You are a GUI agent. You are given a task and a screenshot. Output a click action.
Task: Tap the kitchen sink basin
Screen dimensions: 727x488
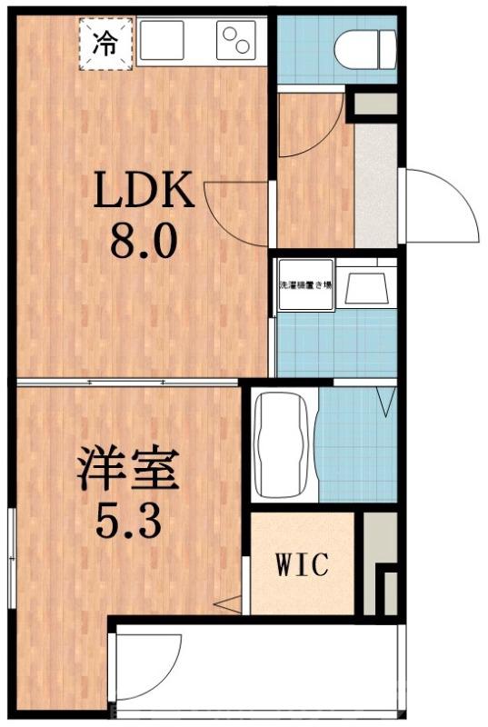162,40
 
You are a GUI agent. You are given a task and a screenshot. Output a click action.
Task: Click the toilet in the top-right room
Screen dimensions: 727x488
365,47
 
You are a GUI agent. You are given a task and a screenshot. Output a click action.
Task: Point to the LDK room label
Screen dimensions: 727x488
145,193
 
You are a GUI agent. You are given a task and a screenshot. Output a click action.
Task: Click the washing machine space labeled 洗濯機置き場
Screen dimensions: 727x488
305,284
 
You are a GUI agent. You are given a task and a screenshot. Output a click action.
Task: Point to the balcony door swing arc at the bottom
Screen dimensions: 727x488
145,668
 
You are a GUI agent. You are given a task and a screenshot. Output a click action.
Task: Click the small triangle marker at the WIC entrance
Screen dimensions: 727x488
231,602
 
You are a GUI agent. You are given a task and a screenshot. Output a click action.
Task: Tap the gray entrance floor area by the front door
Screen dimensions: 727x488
374,186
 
